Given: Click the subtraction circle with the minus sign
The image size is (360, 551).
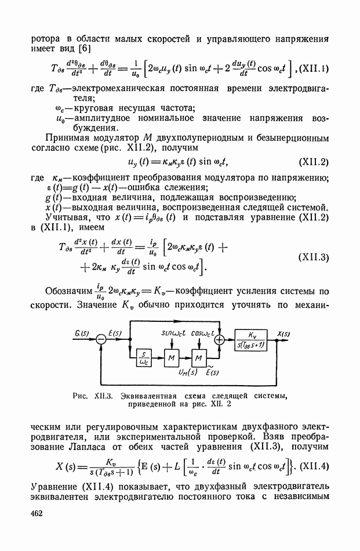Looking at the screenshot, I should pyautogui.click(x=100, y=343).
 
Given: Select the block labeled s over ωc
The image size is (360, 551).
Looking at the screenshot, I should pyautogui.click(x=142, y=360).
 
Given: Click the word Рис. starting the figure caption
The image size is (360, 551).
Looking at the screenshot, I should pyautogui.click(x=82, y=396).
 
